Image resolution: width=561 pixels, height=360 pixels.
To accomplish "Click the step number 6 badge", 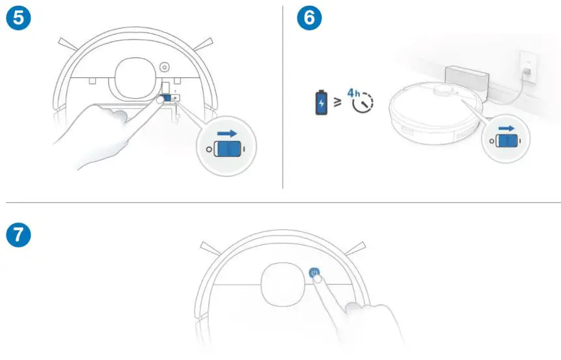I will pos(309,18).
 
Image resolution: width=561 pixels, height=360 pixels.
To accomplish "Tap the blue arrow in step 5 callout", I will pos(228,133).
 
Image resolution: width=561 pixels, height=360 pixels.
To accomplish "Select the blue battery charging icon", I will pos(321,103).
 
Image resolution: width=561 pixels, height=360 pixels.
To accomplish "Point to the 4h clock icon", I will pos(361,102).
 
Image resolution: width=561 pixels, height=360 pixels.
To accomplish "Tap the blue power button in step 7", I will pos(315,273).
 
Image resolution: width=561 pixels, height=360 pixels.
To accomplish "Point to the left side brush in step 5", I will pos(68,44).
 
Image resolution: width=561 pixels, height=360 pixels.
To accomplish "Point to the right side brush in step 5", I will pos(204,44).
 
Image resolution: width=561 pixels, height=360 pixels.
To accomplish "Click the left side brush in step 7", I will pos(212,249).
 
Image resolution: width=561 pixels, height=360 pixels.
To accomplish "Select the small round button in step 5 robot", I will pos(163,66).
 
